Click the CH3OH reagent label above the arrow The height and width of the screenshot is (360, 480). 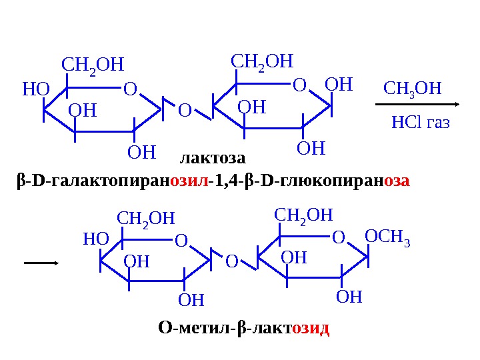click(x=413, y=89)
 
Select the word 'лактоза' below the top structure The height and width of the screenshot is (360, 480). click(x=213, y=159)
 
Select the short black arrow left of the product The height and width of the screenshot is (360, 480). click(x=41, y=263)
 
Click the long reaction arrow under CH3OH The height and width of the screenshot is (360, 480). click(x=419, y=105)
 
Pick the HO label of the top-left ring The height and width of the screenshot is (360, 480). click(x=35, y=88)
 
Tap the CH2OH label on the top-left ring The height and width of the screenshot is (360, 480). click(x=93, y=65)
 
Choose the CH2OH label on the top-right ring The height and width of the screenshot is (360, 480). click(x=262, y=61)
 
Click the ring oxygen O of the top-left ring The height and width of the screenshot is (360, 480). click(x=129, y=89)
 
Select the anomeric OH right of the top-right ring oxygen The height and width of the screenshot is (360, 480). click(x=337, y=85)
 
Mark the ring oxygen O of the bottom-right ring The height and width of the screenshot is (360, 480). click(x=339, y=237)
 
